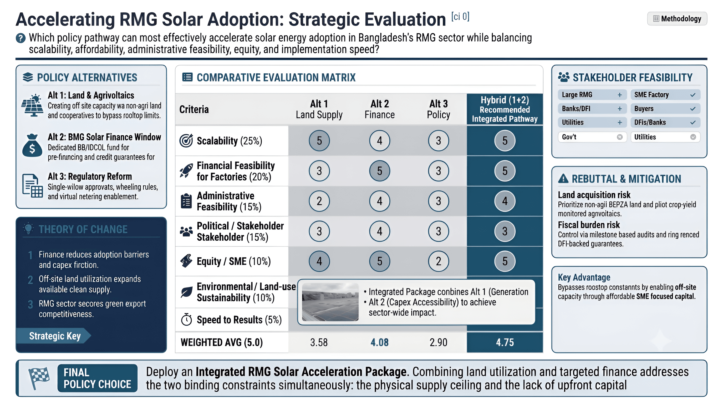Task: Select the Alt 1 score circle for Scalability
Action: tap(319, 141)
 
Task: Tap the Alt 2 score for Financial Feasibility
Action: tap(379, 171)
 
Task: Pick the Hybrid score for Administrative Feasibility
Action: tap(505, 201)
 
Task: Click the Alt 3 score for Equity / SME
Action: tap(439, 261)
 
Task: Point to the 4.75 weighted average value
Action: tap(505, 342)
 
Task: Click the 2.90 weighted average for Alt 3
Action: tap(439, 342)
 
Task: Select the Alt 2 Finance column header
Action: tap(379, 109)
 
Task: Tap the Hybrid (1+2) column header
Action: tap(505, 109)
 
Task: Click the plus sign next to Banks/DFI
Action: tap(620, 109)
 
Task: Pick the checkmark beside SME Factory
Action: tap(693, 95)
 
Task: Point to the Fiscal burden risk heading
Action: tap(589, 225)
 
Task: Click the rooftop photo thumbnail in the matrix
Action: tap(330, 302)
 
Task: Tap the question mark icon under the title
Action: tap(21, 38)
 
